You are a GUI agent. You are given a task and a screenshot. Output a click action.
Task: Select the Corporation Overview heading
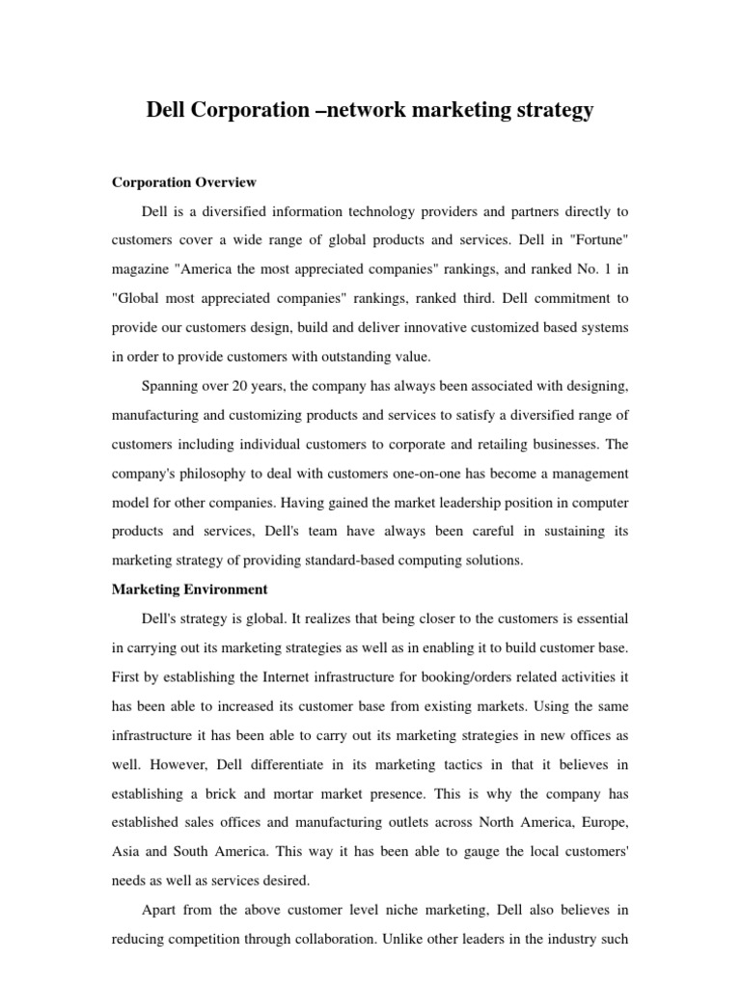click(183, 181)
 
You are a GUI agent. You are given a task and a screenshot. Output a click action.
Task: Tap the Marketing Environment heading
click(190, 589)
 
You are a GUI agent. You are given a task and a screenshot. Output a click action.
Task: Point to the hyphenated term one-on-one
click(446, 474)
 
